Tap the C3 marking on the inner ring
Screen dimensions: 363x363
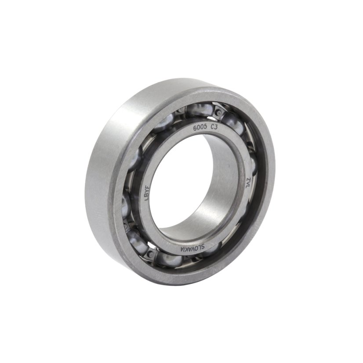tap(214, 128)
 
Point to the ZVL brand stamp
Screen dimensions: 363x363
tap(249, 182)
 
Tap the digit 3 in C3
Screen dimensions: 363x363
tap(216, 128)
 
